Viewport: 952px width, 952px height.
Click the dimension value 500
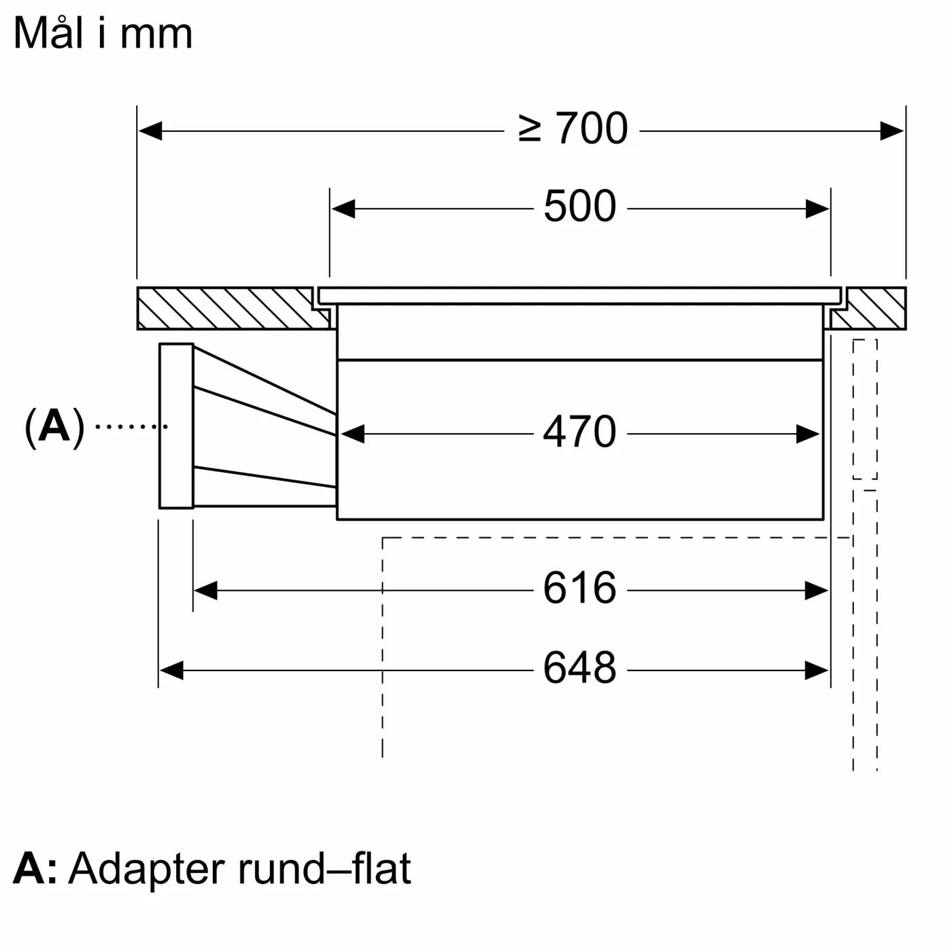pyautogui.click(x=579, y=207)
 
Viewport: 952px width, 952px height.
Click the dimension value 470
pyautogui.click(x=579, y=432)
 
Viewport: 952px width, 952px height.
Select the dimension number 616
pyautogui.click(x=579, y=589)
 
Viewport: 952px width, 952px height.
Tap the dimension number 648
pyautogui.click(x=579, y=668)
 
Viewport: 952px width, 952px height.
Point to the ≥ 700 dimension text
pyautogui.click(x=573, y=129)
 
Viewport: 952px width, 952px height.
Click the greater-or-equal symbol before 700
pyautogui.click(x=530, y=129)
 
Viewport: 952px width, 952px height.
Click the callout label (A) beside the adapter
pyautogui.click(x=54, y=427)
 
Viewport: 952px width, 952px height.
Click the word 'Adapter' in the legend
pyautogui.click(x=146, y=868)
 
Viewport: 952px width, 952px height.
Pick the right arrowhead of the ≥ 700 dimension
pyautogui.click(x=892, y=131)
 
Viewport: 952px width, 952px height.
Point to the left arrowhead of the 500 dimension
pyautogui.click(x=343, y=209)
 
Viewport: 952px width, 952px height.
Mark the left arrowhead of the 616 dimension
pyautogui.click(x=205, y=591)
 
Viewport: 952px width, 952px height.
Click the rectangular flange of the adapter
pyautogui.click(x=176, y=426)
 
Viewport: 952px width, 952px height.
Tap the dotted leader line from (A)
pyautogui.click(x=131, y=426)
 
